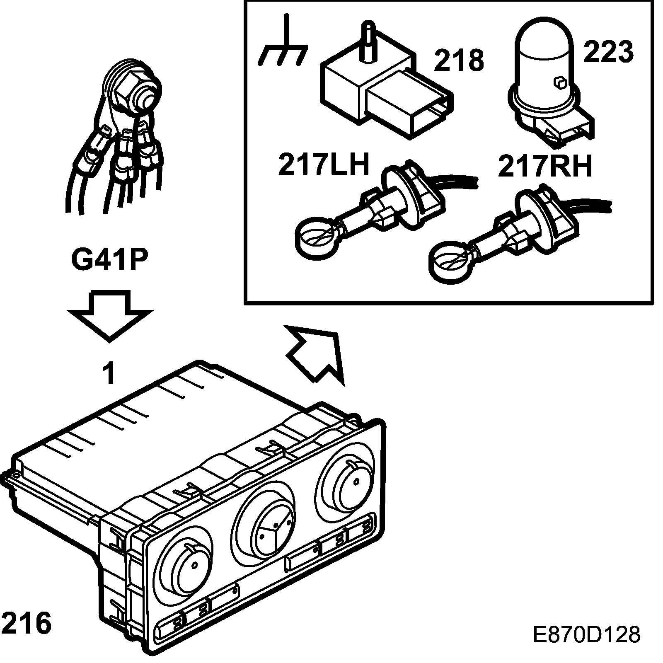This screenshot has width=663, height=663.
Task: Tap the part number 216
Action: coord(27,623)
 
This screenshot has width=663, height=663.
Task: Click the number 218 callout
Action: coord(459,60)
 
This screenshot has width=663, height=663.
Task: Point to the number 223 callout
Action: coord(608,52)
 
